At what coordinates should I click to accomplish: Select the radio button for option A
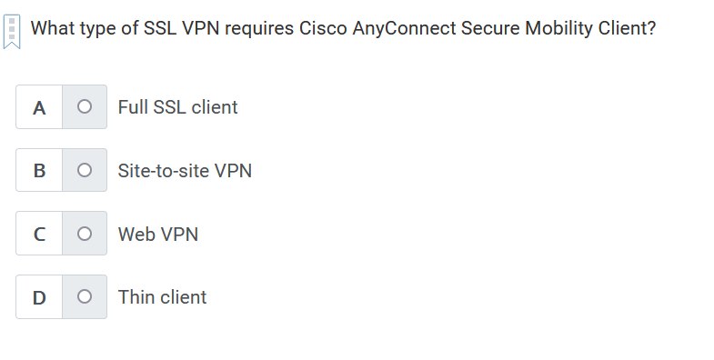(x=84, y=107)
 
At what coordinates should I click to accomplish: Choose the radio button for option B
(x=84, y=170)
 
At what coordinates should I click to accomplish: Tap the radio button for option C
(x=84, y=234)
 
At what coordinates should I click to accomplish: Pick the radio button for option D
(x=84, y=296)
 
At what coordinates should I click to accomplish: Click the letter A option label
(x=39, y=107)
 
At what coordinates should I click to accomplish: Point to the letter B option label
(x=39, y=170)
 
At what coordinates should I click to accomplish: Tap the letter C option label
(x=39, y=234)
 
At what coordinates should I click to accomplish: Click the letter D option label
(x=39, y=296)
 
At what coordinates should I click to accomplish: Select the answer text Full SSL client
(x=177, y=107)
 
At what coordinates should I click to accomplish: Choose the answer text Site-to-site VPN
(x=185, y=170)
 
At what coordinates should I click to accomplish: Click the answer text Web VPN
(x=157, y=234)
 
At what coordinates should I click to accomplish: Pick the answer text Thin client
(x=162, y=296)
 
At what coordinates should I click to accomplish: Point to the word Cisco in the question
(x=323, y=27)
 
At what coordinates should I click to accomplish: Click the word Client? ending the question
(x=627, y=27)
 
